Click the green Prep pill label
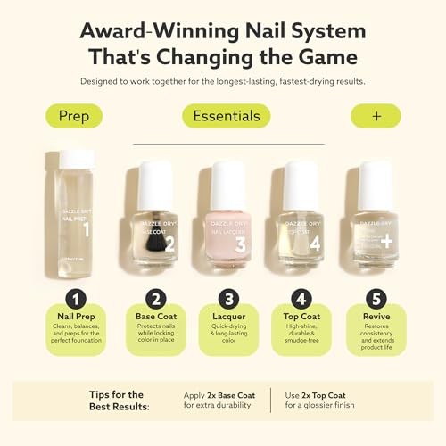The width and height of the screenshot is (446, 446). pos(73,116)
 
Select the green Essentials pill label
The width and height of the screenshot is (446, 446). pos(227,116)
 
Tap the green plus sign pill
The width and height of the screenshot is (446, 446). pos(375,116)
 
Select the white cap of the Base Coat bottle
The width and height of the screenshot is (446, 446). pos(155,184)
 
